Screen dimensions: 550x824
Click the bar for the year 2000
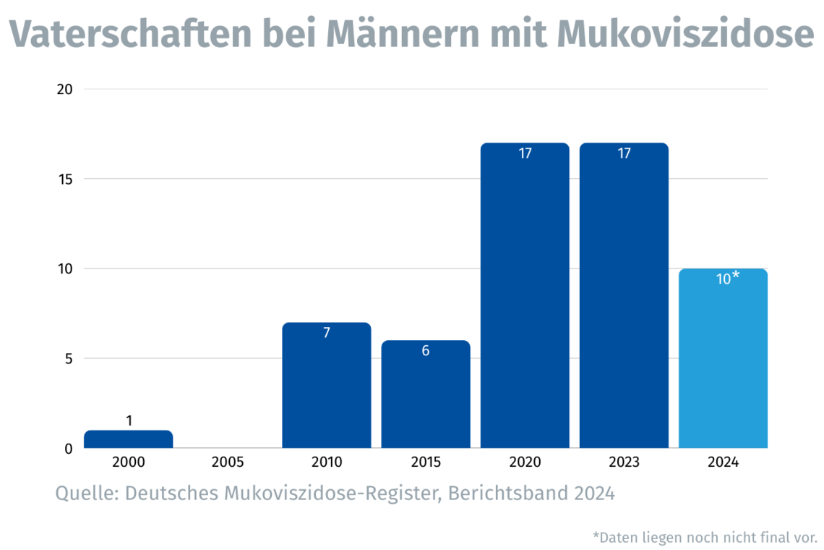(x=129, y=439)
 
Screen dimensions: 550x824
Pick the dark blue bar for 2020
(x=525, y=297)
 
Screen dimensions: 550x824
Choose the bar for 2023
(x=624, y=297)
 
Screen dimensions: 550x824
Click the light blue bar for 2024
(x=723, y=359)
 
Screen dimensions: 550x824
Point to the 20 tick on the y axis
(x=65, y=89)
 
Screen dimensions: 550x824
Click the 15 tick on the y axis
(x=65, y=179)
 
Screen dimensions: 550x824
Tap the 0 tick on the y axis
(x=68, y=449)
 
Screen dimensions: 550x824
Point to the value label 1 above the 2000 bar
(x=129, y=420)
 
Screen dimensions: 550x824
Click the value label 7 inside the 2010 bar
(x=327, y=334)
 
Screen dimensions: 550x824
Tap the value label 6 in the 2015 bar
(x=426, y=352)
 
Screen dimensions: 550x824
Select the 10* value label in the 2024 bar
(x=727, y=279)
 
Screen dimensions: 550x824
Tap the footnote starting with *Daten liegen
(x=705, y=537)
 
